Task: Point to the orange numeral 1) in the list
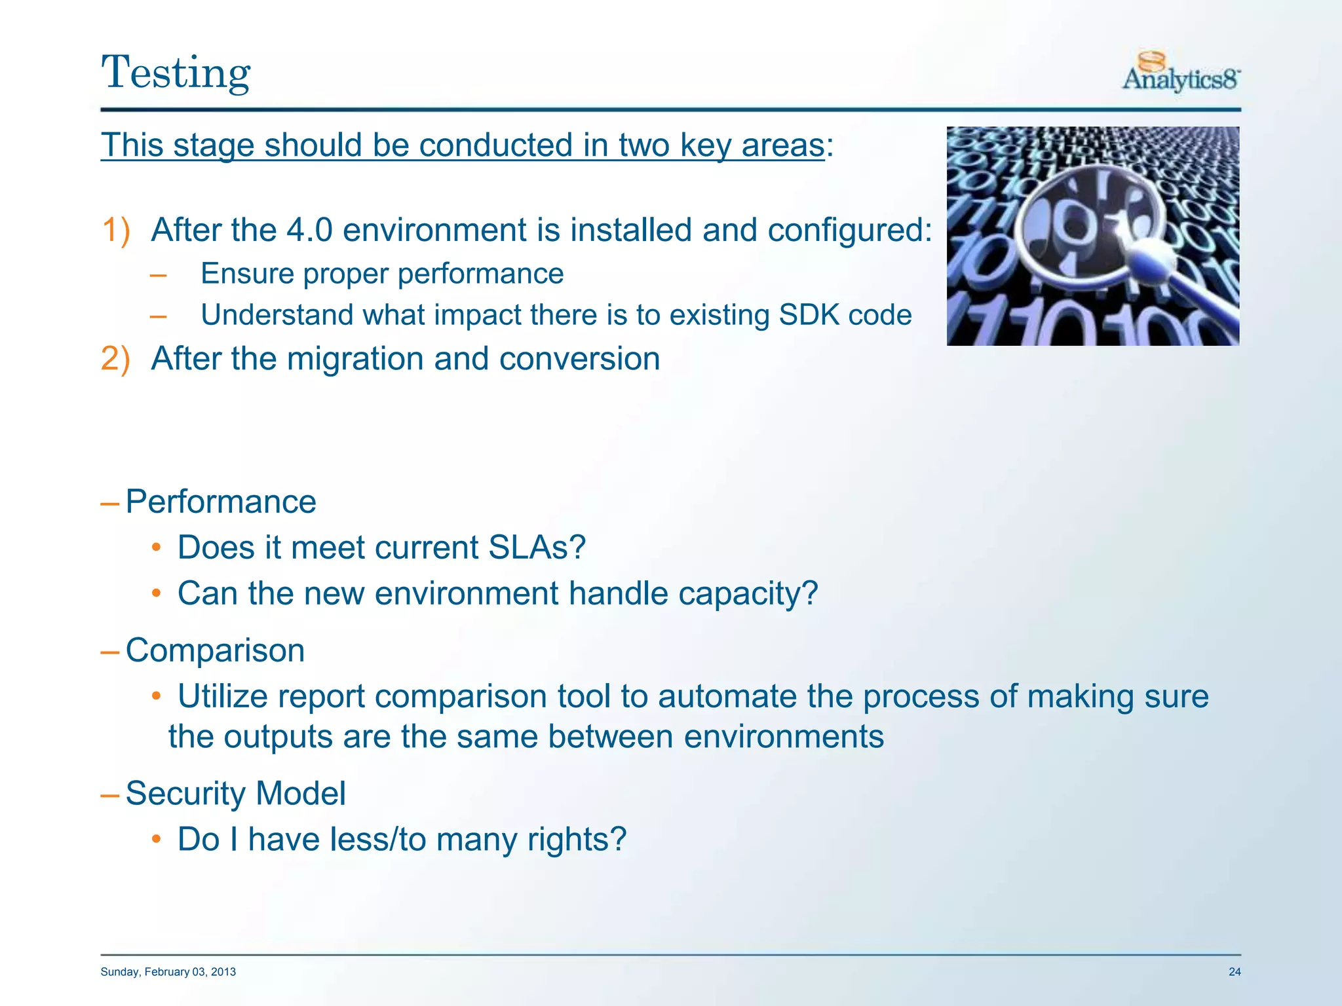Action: point(116,231)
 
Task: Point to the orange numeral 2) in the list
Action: point(116,360)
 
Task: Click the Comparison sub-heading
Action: point(215,651)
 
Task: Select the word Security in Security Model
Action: point(185,794)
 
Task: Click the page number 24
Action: point(1234,972)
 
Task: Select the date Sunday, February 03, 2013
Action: point(168,972)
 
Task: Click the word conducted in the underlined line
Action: point(496,145)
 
